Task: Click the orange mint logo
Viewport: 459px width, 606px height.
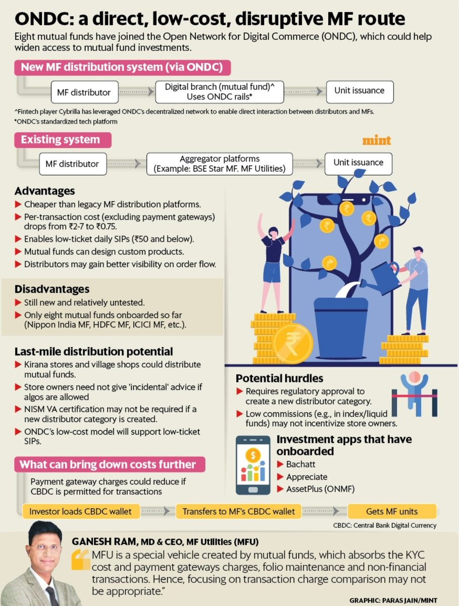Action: [376, 140]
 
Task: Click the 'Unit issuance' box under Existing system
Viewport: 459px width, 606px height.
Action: [358, 163]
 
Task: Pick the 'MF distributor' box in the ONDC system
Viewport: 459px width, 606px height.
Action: [85, 93]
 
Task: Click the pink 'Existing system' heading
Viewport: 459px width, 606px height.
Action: [60, 139]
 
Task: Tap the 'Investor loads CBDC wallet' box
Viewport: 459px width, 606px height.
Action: [80, 511]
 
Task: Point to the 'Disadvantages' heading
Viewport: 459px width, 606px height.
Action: [52, 289]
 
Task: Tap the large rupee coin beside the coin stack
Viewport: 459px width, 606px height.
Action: [292, 344]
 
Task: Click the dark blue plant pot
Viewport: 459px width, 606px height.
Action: [341, 323]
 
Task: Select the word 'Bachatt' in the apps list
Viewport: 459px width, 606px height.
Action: [301, 464]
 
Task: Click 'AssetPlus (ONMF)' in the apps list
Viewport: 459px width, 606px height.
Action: [320, 489]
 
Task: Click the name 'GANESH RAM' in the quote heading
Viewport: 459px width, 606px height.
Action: [103, 541]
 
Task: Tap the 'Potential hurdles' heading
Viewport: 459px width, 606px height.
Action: [279, 378]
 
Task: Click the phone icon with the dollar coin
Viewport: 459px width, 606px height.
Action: [253, 466]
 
